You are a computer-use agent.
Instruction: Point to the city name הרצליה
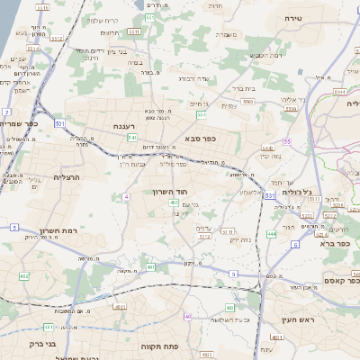pos(67,178)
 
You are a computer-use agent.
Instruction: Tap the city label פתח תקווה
pos(158,346)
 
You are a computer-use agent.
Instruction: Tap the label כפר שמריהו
pos(19,122)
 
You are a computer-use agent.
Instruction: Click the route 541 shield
pos(131,138)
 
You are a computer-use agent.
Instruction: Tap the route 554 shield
pos(202,115)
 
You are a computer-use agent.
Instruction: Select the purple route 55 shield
pos(287,142)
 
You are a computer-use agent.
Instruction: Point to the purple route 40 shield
pos(188,317)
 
